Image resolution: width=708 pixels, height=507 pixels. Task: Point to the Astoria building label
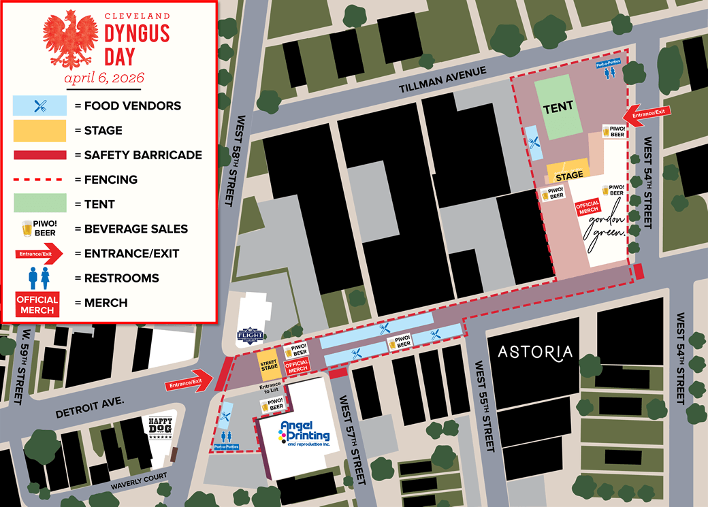(x=534, y=352)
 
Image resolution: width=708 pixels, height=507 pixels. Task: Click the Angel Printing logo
(x=304, y=433)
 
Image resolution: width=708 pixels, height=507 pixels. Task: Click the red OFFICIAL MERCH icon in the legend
(x=37, y=304)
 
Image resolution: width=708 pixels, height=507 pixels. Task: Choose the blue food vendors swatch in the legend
(x=39, y=105)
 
